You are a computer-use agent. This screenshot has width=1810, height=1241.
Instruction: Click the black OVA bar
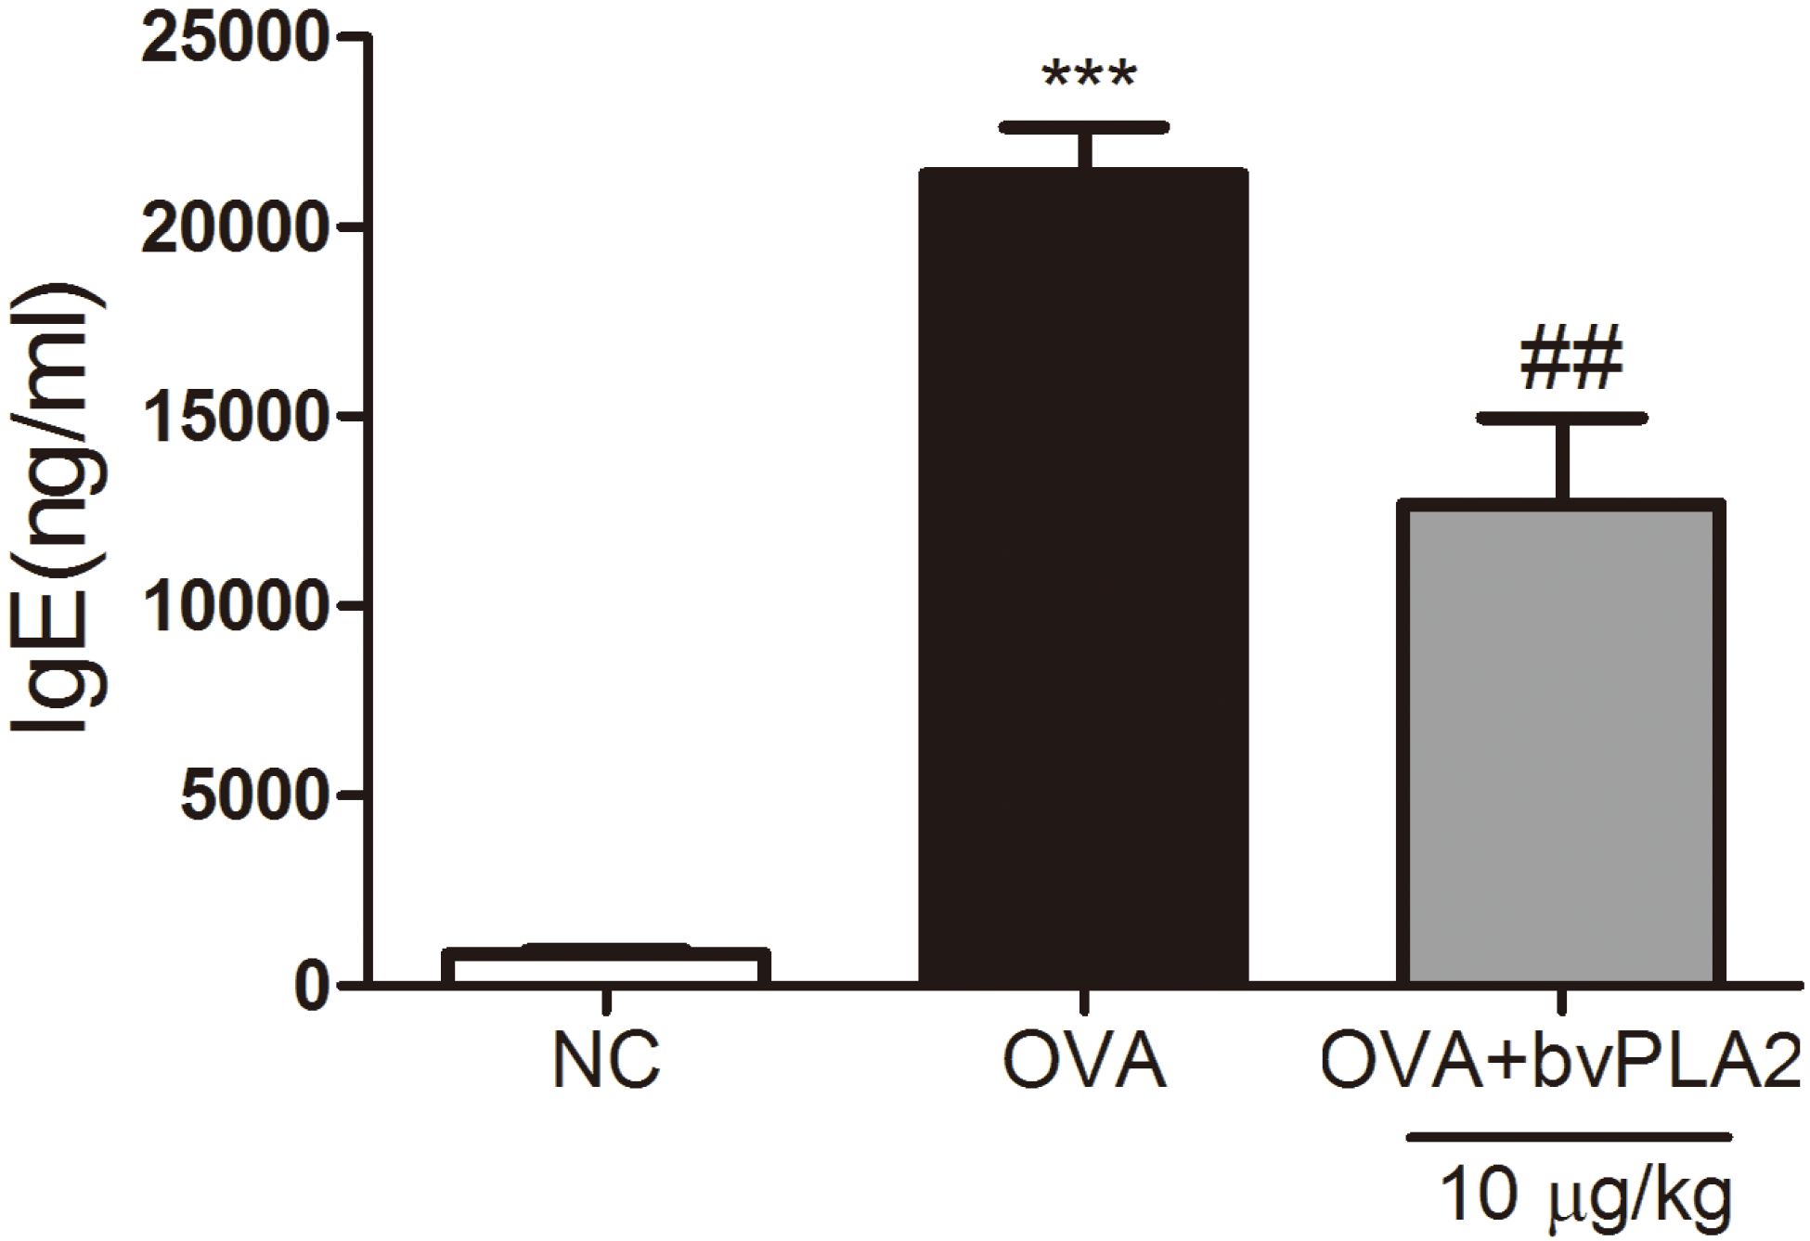point(1083,575)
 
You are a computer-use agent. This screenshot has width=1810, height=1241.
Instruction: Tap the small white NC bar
point(606,966)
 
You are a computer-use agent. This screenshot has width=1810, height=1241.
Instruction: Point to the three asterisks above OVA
point(1089,76)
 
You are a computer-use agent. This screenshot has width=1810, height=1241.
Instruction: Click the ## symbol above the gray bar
point(1571,359)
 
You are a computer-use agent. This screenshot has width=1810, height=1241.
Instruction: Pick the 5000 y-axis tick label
point(254,795)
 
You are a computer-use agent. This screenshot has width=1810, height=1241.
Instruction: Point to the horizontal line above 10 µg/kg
point(1569,1136)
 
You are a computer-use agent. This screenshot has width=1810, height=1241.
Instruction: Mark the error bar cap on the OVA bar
point(1084,127)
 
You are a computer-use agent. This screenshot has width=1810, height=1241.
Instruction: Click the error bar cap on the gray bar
point(1562,419)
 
